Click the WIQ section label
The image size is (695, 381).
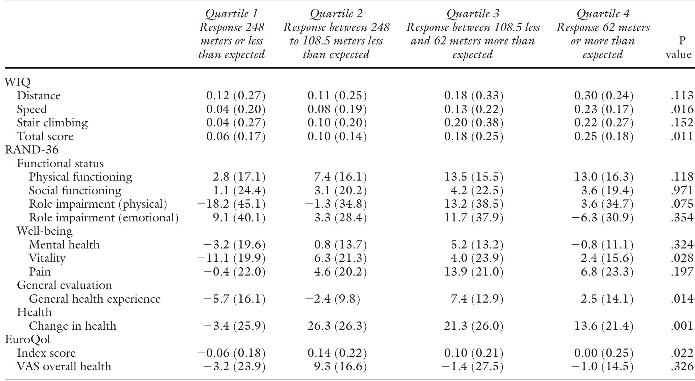[18, 82]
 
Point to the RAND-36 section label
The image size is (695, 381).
[32, 150]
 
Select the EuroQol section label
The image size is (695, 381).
[27, 339]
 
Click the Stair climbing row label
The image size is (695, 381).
[52, 123]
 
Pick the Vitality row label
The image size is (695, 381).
[47, 258]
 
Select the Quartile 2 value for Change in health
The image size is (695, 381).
[337, 326]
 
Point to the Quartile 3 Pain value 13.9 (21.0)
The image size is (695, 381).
[473, 272]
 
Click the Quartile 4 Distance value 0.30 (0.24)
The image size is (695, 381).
[604, 96]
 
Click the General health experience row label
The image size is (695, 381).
[95, 299]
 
